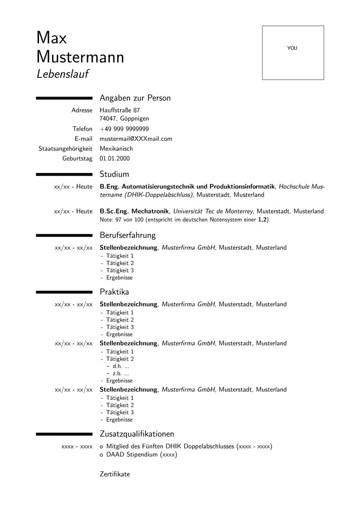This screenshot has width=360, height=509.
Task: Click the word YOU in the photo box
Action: click(x=292, y=48)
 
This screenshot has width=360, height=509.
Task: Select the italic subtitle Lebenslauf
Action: click(x=62, y=73)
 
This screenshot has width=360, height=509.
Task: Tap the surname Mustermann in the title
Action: click(x=80, y=57)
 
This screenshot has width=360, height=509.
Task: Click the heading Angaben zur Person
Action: click(x=135, y=98)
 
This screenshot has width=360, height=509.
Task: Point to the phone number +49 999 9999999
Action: click(x=124, y=129)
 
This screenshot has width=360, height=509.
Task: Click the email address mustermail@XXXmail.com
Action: click(x=136, y=139)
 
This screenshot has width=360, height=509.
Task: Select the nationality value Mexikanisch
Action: click(x=116, y=149)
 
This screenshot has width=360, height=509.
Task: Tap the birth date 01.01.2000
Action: click(x=115, y=159)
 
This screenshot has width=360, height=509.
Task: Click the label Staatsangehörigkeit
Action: click(x=65, y=149)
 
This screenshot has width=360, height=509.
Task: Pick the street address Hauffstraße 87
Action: click(x=120, y=110)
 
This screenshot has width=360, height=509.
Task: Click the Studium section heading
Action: click(x=114, y=174)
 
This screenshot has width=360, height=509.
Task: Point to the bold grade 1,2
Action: click(x=263, y=219)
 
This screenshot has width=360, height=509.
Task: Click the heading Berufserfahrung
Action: click(x=127, y=235)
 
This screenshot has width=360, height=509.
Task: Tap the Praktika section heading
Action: click(x=114, y=292)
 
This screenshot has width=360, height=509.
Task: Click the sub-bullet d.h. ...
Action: click(x=118, y=366)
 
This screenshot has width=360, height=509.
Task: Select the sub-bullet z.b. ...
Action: click(x=118, y=373)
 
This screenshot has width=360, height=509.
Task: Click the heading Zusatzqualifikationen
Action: click(x=137, y=434)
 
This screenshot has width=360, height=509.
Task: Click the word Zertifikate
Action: click(x=115, y=474)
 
